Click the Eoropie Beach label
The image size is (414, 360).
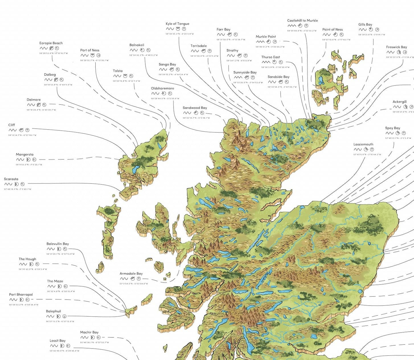[x=51, y=43]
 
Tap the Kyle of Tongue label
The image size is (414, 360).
[x=177, y=24]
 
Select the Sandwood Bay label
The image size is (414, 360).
[x=195, y=108]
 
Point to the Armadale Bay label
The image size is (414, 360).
[x=131, y=274]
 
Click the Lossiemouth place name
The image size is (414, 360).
[x=363, y=145]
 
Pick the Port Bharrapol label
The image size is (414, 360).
[x=21, y=294]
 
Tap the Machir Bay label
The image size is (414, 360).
[x=89, y=332]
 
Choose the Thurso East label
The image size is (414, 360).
[x=270, y=57]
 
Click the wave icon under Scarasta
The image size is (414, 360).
[x=8, y=184]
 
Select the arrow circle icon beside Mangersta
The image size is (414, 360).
[x=34, y=160]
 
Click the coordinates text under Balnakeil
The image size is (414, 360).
[x=143, y=55]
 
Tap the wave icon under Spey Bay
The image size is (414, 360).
[x=389, y=133]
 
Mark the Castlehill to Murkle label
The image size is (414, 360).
[x=303, y=21]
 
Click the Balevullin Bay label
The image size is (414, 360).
[x=58, y=244]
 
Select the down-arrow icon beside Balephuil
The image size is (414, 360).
[x=64, y=317]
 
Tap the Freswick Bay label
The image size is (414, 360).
[x=396, y=47]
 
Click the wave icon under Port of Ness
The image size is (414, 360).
[x=84, y=56]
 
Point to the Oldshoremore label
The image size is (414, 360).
[x=162, y=88]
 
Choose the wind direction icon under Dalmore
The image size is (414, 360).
[x=39, y=105]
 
